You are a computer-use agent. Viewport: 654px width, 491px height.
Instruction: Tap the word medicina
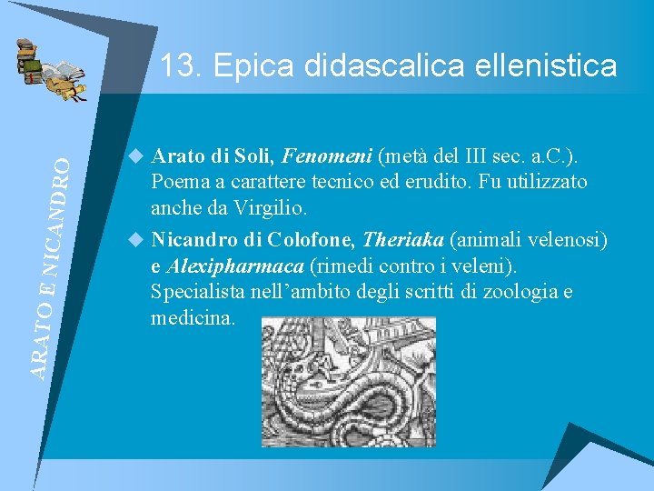click(x=193, y=318)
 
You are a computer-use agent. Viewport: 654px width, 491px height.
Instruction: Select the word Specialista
click(x=197, y=292)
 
